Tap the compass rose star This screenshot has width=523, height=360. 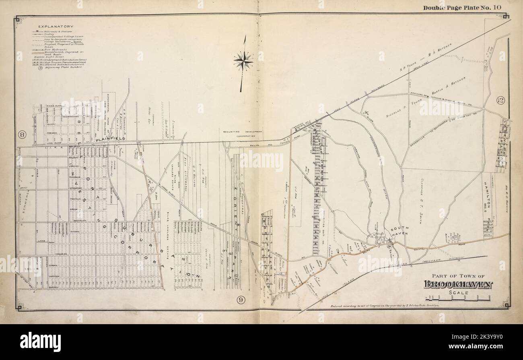(243, 62)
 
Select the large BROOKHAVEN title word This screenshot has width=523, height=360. (457, 284)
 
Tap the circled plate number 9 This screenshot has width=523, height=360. (241, 299)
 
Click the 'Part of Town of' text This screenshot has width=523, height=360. (458, 276)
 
